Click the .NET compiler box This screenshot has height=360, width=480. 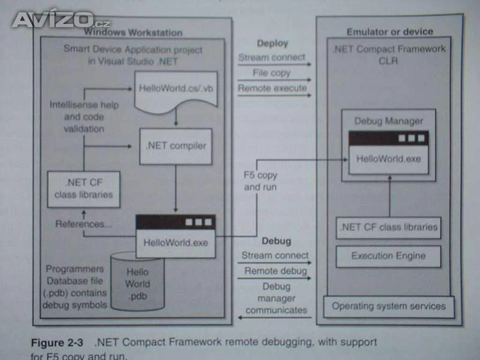click(x=175, y=146)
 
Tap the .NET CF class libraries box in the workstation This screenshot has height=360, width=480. click(x=83, y=189)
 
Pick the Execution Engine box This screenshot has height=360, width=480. click(x=389, y=256)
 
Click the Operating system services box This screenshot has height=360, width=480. click(x=389, y=307)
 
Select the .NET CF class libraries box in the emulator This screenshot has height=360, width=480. click(x=389, y=228)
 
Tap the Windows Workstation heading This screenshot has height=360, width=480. click(x=133, y=32)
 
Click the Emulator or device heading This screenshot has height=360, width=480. click(x=390, y=32)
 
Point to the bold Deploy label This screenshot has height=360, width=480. click(x=272, y=44)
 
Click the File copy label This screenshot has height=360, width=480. click(x=271, y=73)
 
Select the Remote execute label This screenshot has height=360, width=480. click(x=272, y=88)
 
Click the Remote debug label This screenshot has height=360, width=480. click(x=276, y=271)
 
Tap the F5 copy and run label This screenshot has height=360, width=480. click(x=261, y=181)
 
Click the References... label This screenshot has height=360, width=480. click(x=83, y=224)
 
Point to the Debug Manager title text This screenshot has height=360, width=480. click(x=388, y=121)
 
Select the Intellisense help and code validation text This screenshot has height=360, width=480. click(x=84, y=117)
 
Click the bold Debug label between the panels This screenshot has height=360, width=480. click(x=276, y=241)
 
